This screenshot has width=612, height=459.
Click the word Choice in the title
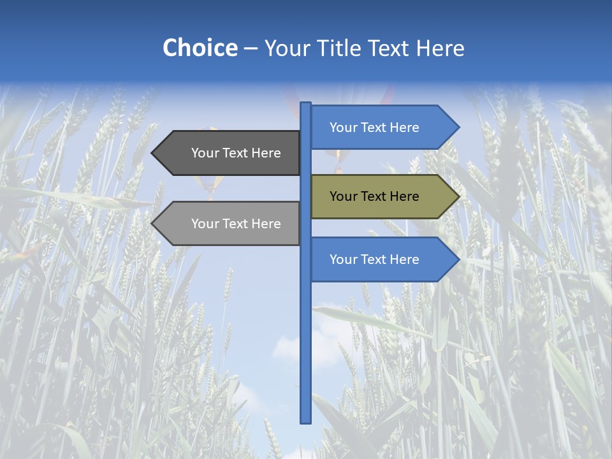tap(200, 48)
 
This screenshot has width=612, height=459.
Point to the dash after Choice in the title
tap(251, 49)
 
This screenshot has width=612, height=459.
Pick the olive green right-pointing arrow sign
tap(382, 196)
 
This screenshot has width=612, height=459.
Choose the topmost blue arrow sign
tap(382, 127)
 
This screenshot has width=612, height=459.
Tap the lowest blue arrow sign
tap(382, 259)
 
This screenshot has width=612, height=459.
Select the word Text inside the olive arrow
tap(374, 196)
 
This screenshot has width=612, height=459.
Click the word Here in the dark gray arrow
tap(266, 153)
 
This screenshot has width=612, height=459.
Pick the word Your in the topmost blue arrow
tap(342, 127)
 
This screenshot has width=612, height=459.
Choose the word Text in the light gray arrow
tap(235, 224)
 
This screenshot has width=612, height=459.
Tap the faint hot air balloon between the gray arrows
tap(211, 185)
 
